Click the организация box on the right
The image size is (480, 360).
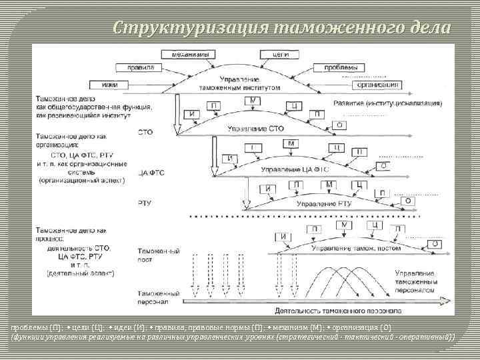pyautogui.click(x=377, y=85)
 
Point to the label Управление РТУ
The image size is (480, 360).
pyautogui.click(x=323, y=203)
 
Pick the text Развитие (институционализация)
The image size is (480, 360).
pyautogui.click(x=386, y=104)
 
